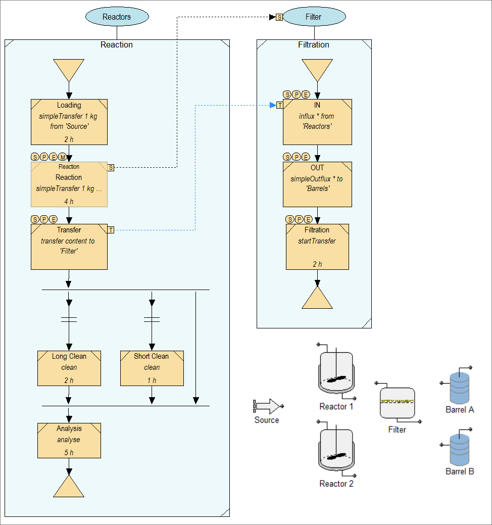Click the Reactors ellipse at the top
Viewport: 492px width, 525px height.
coord(117,17)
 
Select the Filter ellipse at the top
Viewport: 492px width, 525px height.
coord(314,17)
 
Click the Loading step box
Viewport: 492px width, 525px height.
coord(69,122)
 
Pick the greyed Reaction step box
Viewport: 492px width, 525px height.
coord(69,184)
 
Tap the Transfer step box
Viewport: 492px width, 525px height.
coord(69,247)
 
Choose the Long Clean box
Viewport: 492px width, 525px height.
coord(69,368)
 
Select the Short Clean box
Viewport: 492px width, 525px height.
coord(152,368)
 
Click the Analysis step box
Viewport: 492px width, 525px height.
coord(69,440)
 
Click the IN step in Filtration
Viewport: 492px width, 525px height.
coord(317,122)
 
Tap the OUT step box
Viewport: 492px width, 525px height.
coord(317,184)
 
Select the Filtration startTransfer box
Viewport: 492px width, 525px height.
coord(317,247)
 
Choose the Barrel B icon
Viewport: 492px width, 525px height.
coord(460,449)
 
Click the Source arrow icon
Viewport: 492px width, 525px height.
coord(267,406)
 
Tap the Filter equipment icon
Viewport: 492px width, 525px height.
coord(397,403)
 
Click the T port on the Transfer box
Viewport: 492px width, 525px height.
coord(111,230)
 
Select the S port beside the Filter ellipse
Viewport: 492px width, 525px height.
coord(279,17)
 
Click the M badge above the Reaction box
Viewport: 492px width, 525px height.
coord(62,157)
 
